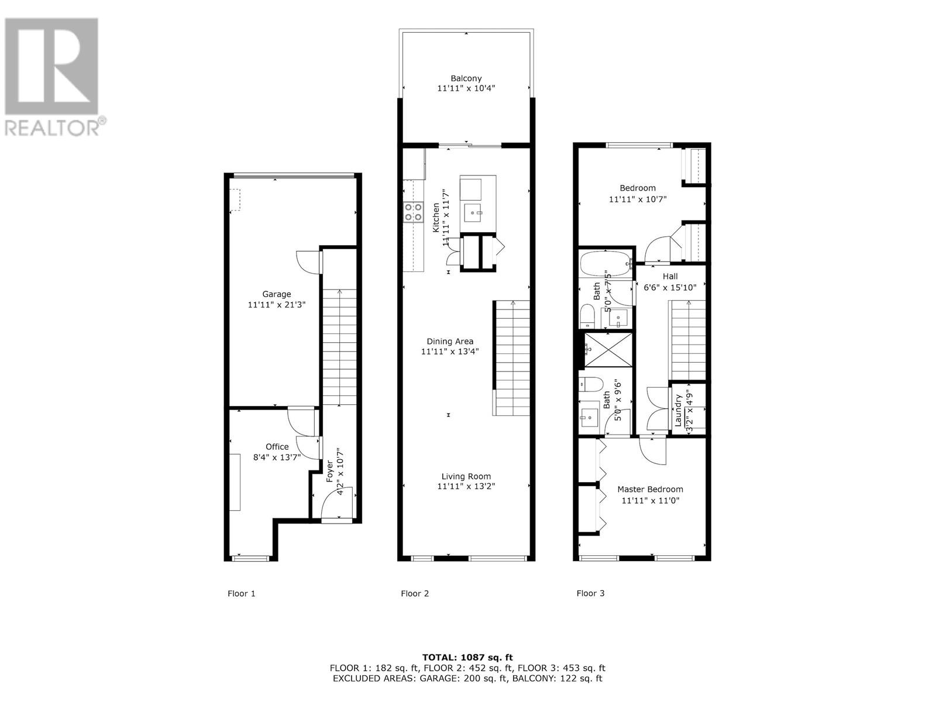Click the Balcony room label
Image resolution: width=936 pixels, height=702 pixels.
[466, 78]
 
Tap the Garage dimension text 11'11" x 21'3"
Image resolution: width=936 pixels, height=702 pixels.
[277, 305]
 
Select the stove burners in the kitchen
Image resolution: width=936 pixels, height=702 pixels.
[413, 211]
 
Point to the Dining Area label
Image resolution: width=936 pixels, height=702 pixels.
[450, 342]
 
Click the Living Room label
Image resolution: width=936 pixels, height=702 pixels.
[466, 476]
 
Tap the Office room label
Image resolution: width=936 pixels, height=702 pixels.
[277, 447]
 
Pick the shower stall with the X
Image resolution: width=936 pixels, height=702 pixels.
[608, 350]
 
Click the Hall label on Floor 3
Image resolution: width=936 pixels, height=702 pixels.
[670, 276]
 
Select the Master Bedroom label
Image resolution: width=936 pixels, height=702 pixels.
[650, 489]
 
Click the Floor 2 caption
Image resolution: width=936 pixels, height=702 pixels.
[415, 593]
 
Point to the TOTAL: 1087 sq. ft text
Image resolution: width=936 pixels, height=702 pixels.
[467, 658]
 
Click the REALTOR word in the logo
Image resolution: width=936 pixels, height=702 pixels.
[53, 128]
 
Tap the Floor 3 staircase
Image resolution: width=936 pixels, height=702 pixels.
[688, 339]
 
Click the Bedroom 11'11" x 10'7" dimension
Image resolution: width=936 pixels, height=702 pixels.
[638, 199]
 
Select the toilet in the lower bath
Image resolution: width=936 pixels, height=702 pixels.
[591, 385]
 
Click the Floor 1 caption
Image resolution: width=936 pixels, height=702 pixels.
[241, 593]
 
